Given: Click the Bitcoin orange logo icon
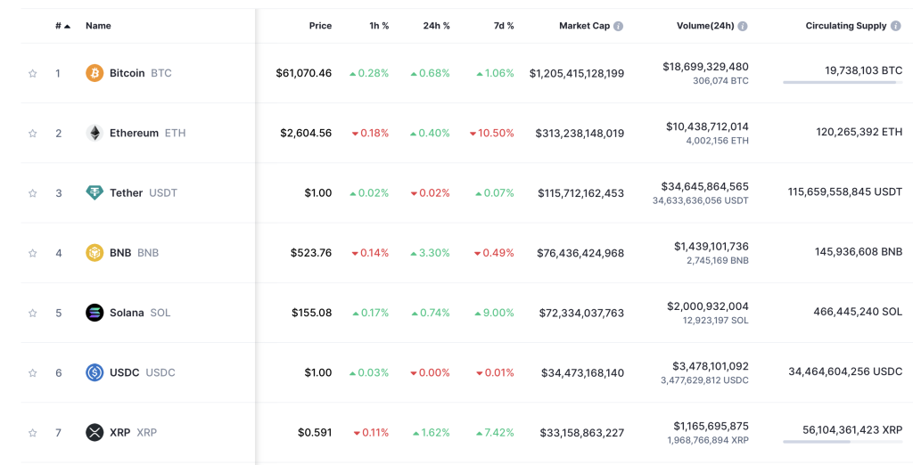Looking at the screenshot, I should pyautogui.click(x=95, y=73).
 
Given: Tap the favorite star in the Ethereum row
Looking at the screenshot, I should pyautogui.click(x=33, y=134).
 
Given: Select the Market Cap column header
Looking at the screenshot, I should pyautogui.click(x=584, y=26).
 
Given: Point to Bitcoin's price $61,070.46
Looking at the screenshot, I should pyautogui.click(x=303, y=73).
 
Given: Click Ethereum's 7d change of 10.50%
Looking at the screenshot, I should pyautogui.click(x=492, y=133).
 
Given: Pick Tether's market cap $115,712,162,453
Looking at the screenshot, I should pyautogui.click(x=580, y=193).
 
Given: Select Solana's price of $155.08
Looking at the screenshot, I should pyautogui.click(x=311, y=313).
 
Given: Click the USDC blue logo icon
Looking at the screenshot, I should pyautogui.click(x=95, y=372).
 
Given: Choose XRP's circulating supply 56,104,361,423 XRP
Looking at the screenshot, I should pyautogui.click(x=852, y=429).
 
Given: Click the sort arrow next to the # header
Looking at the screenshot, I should pyautogui.click(x=67, y=27).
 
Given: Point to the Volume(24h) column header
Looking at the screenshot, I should pyautogui.click(x=705, y=26).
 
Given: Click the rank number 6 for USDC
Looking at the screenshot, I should pyautogui.click(x=59, y=372).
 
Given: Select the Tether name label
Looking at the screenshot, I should pyautogui.click(x=126, y=193).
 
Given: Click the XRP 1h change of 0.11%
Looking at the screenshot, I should pyautogui.click(x=370, y=433).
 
